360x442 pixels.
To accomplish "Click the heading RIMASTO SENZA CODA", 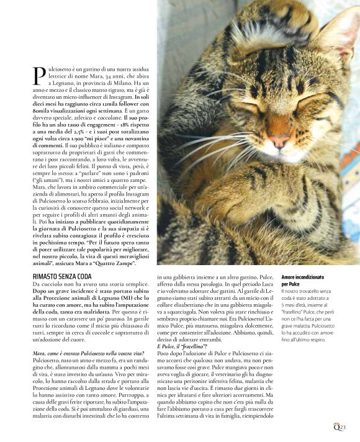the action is tap(61, 275).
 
